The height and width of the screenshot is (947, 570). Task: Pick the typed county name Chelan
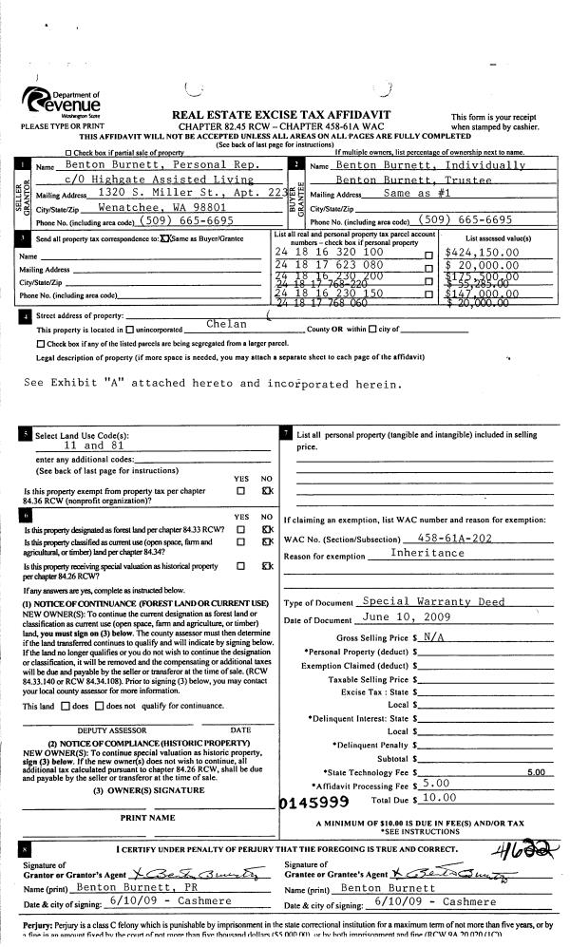226,325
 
